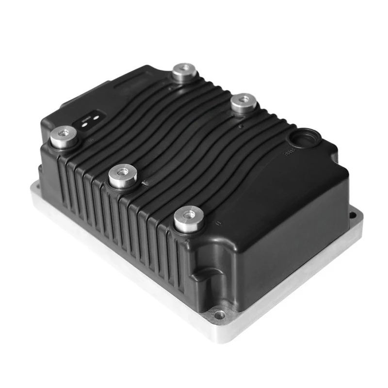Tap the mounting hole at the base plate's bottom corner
tap(221, 316)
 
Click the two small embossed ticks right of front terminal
tap(217, 222)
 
